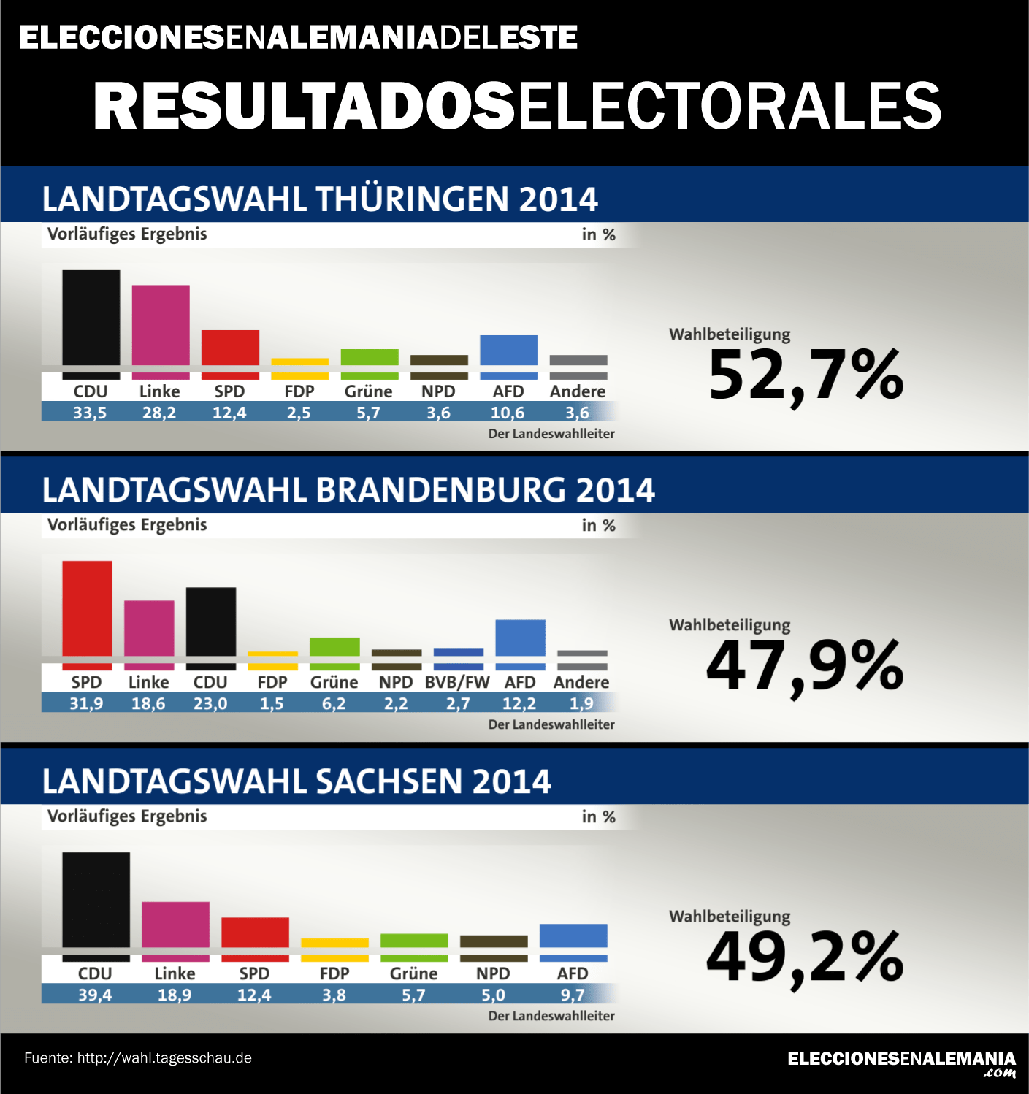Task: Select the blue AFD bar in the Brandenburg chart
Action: (x=520, y=639)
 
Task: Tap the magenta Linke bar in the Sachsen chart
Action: (x=175, y=926)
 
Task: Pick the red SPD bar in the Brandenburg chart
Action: (x=87, y=610)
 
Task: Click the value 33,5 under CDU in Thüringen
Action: (x=90, y=413)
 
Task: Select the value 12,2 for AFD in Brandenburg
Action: (x=519, y=703)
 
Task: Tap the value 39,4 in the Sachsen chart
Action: (x=95, y=995)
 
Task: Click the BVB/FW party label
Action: (x=457, y=682)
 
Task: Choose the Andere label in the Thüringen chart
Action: (x=578, y=391)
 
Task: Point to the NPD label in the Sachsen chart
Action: (x=493, y=973)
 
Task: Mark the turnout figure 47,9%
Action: (x=805, y=666)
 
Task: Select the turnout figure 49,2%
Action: (x=805, y=957)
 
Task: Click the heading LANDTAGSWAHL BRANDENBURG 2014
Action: (x=348, y=490)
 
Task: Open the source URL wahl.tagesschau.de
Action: (x=164, y=1057)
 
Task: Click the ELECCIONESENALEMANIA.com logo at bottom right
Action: (x=902, y=1063)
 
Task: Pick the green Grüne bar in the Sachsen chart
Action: (x=414, y=941)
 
